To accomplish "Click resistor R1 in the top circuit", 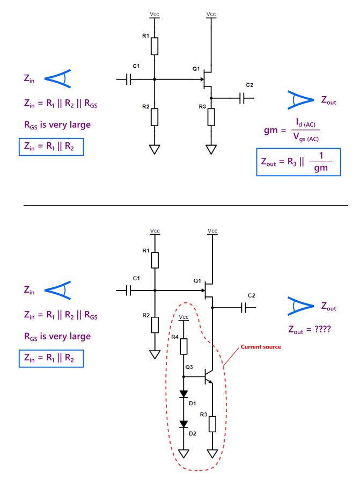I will [x=155, y=46].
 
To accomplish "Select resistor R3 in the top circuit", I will [x=211, y=117].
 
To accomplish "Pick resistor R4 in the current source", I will [x=183, y=346].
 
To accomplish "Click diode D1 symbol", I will [x=183, y=394].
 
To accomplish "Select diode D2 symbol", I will [x=183, y=424].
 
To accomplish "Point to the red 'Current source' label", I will [x=261, y=347].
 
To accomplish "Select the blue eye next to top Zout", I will [x=301, y=100].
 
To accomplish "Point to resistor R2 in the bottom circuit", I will [x=155, y=325].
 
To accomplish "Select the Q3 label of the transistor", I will [x=188, y=368].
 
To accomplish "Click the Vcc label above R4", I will [x=183, y=317].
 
